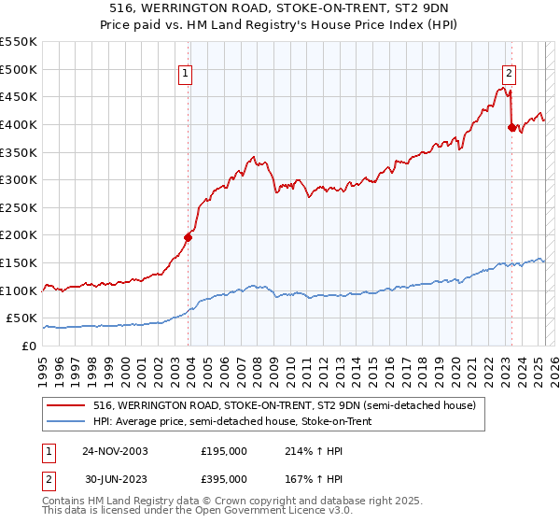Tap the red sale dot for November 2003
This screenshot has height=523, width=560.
point(188,237)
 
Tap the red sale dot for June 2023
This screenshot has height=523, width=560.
point(511,127)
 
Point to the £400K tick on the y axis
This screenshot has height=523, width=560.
point(21,124)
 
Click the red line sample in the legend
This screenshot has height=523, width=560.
point(65,405)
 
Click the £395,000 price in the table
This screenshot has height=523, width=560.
point(224,478)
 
